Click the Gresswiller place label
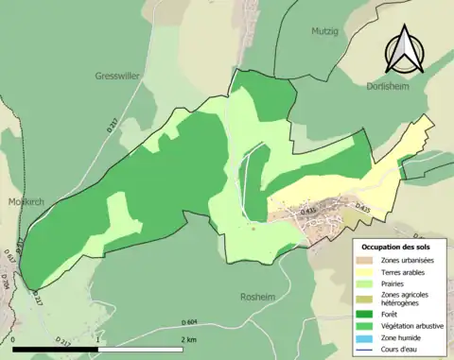[117, 76]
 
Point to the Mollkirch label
[21, 201]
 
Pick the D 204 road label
[6, 280]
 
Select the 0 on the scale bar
[14, 339]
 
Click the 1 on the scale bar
[98, 339]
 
